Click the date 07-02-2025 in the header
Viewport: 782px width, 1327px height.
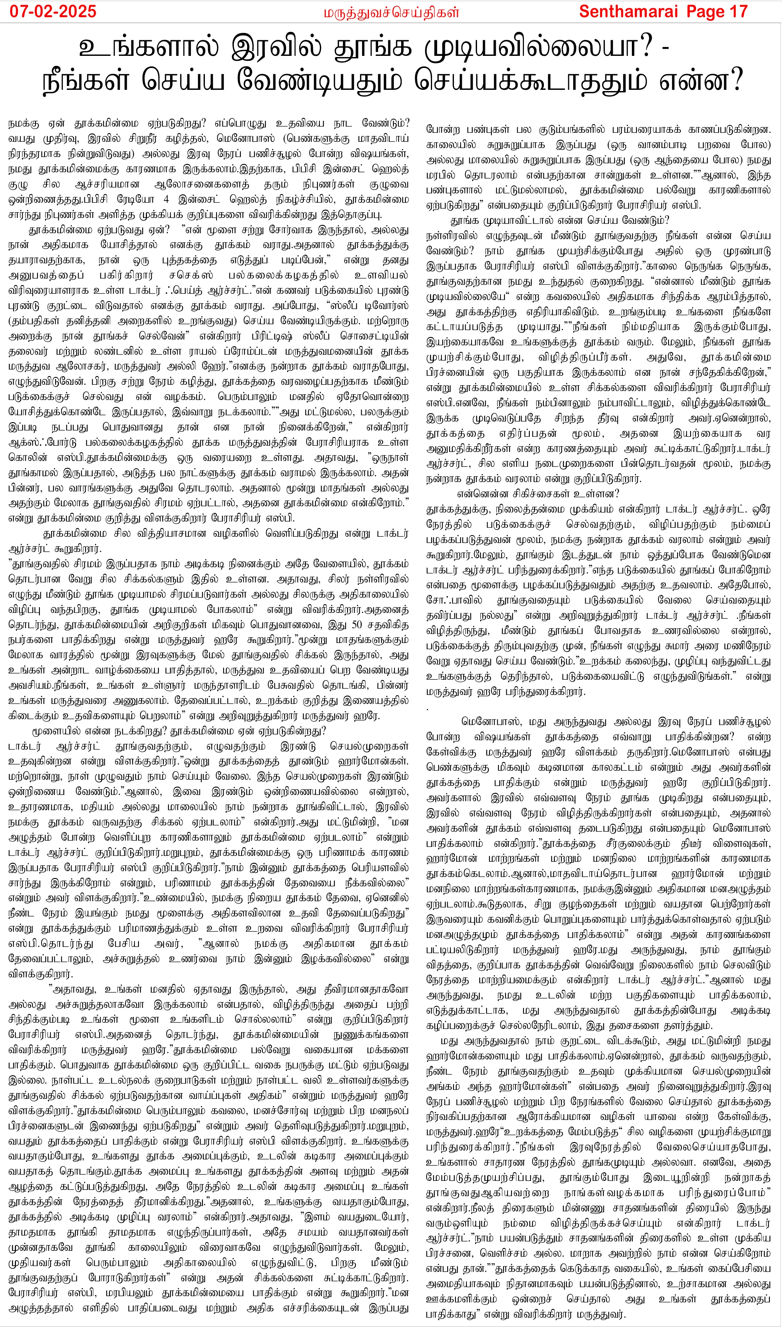53,12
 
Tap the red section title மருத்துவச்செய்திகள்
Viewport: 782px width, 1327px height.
391,12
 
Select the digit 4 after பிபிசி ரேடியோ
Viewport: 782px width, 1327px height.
167,200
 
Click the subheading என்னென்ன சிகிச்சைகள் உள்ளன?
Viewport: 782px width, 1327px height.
538,493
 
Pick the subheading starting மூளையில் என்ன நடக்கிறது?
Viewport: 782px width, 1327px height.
179,731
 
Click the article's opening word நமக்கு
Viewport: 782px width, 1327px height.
23,124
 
